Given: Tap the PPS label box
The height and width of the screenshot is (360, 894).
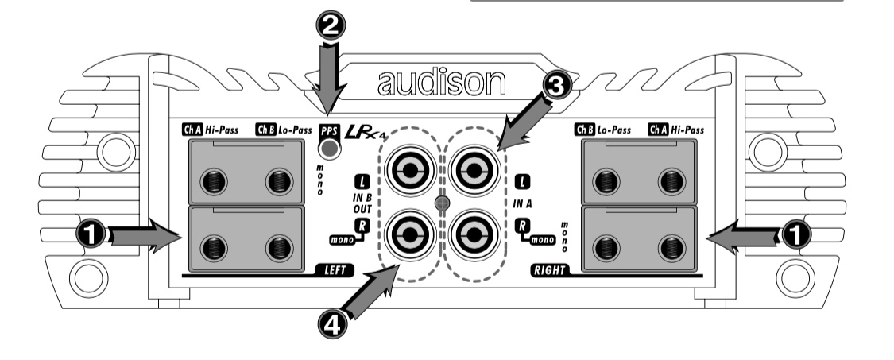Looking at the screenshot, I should (328, 131).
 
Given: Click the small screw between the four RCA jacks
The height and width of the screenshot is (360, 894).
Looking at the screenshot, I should (441, 203).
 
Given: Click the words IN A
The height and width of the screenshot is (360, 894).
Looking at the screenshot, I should (521, 204).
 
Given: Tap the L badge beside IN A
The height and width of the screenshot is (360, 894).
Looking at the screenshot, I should (521, 180).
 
